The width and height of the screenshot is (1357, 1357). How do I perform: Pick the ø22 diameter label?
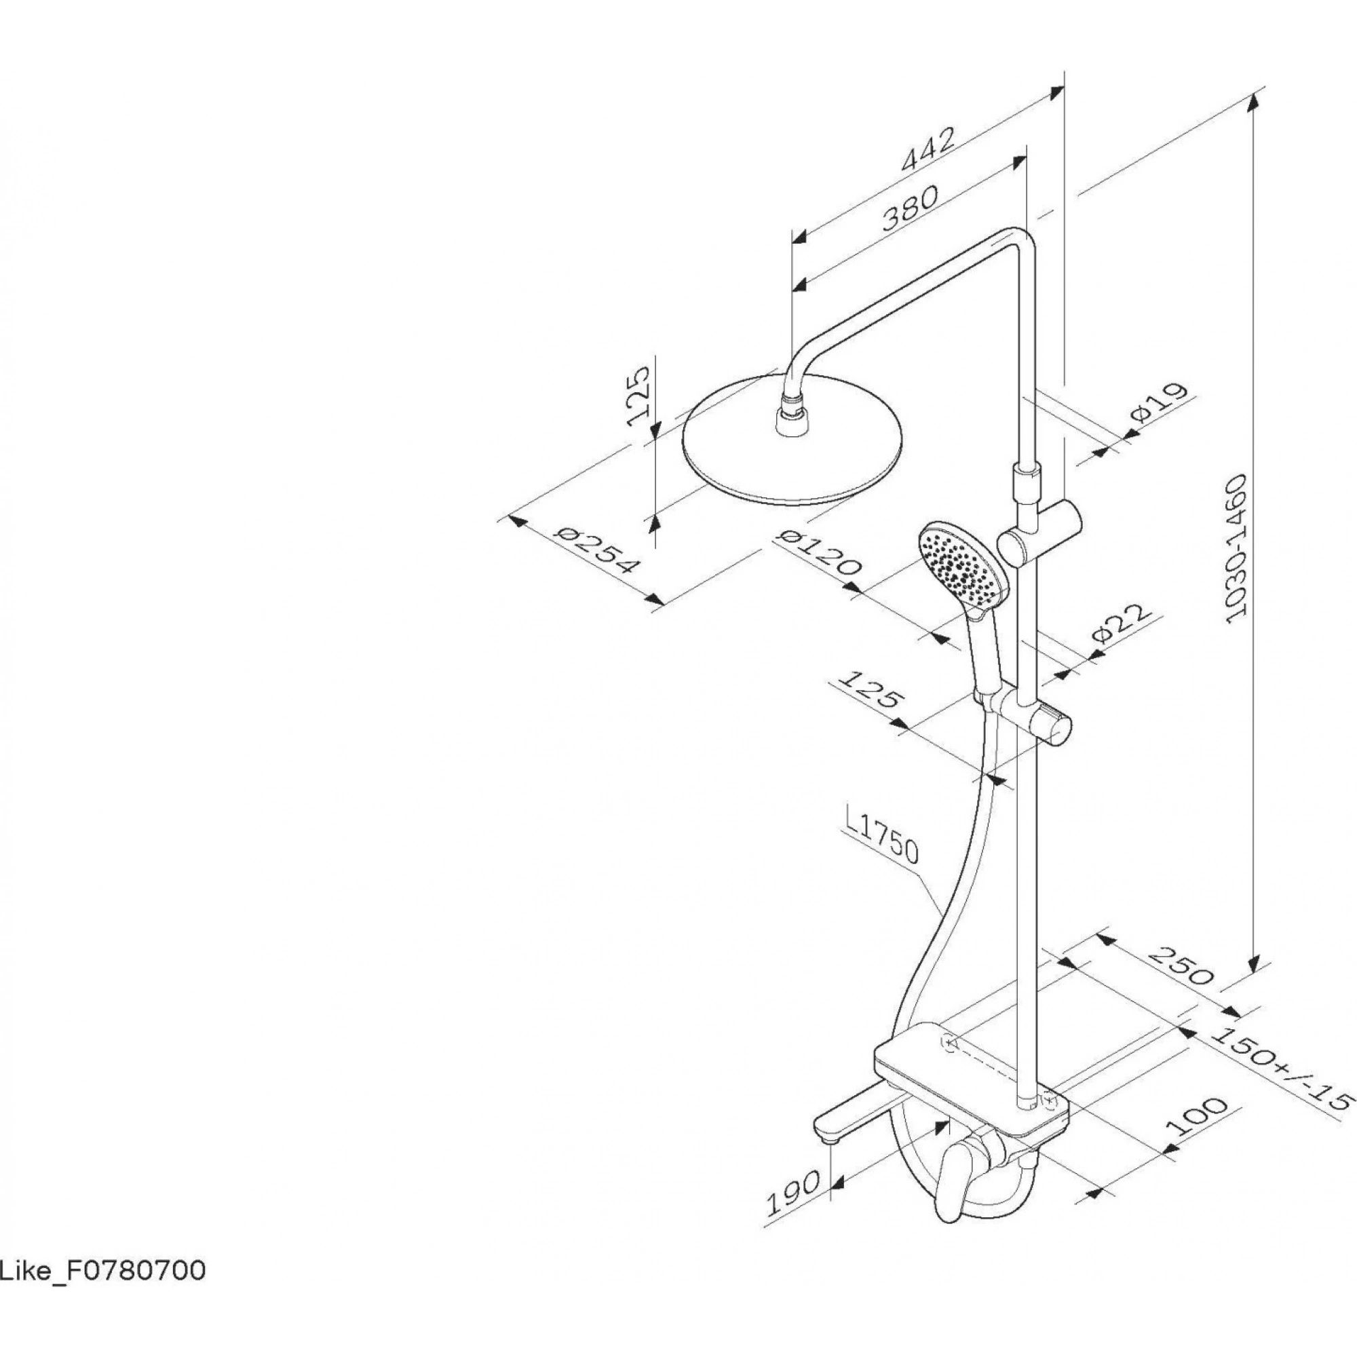point(1122,623)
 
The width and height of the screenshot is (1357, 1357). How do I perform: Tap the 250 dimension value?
point(1181,966)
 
